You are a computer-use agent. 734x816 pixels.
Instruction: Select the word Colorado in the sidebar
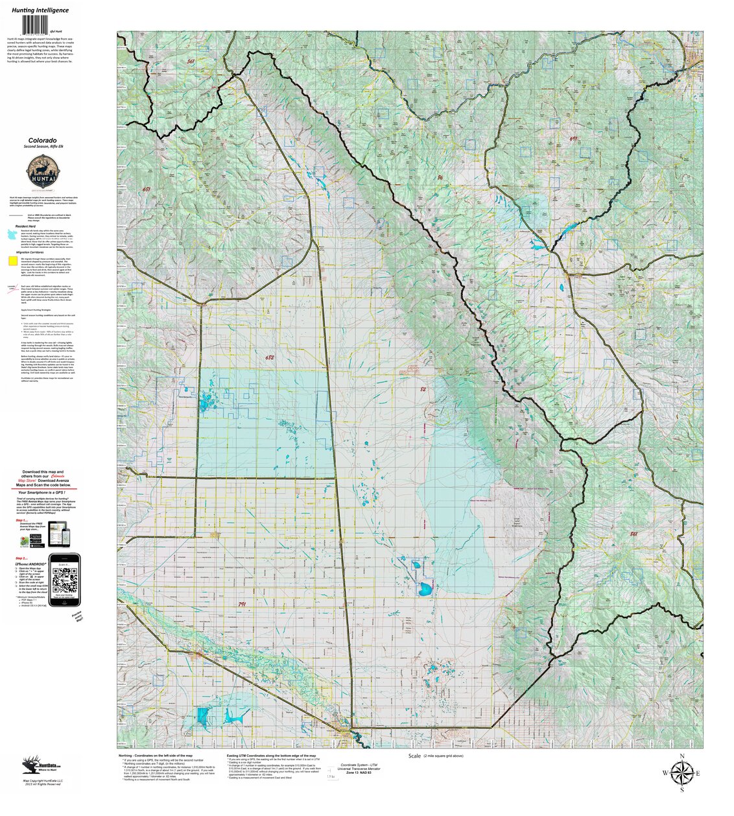coord(41,140)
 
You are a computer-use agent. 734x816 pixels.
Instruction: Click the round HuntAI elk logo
coord(41,173)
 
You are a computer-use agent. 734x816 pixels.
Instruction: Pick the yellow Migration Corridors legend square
coord(13,261)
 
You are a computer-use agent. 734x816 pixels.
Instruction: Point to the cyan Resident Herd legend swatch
coord(12,233)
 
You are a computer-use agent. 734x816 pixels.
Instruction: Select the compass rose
coord(681,773)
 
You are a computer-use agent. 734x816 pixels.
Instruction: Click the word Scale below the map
coord(414,756)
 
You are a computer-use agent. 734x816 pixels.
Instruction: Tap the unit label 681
coord(147,189)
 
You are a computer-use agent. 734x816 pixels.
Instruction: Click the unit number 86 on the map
coord(440,177)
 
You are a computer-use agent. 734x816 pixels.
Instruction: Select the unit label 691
coord(573,139)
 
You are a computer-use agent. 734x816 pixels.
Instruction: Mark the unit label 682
coord(270,357)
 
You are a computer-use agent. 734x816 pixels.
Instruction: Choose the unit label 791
coord(242,604)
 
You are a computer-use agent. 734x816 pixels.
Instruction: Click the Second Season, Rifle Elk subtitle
coord(41,147)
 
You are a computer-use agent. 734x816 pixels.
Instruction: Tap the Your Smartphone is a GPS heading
coord(43,492)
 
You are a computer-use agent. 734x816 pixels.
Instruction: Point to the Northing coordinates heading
coord(156,756)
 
